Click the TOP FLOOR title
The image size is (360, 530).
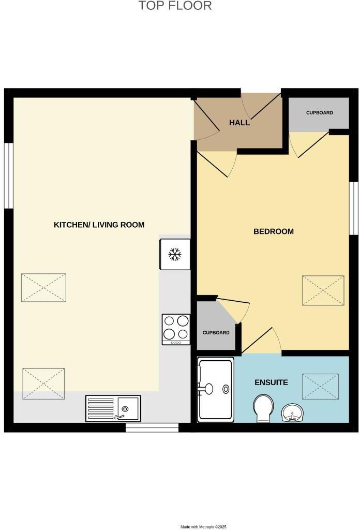(175, 6)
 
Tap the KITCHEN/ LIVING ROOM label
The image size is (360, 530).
(99, 225)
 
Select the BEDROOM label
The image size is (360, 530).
(273, 231)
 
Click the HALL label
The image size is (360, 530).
(239, 123)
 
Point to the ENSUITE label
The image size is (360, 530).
(271, 382)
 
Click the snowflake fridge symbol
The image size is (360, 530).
(175, 254)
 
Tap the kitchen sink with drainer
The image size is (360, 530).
(113, 408)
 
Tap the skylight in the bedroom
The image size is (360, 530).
(323, 290)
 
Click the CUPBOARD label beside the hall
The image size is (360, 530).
(319, 112)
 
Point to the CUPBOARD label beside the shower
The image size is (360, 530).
(216, 333)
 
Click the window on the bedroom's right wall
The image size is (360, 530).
(354, 208)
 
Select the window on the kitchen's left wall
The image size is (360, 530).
(8, 175)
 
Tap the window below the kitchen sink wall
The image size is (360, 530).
(152, 428)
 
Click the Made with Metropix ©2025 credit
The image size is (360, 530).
(203, 526)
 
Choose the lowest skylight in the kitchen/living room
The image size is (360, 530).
(43, 384)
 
